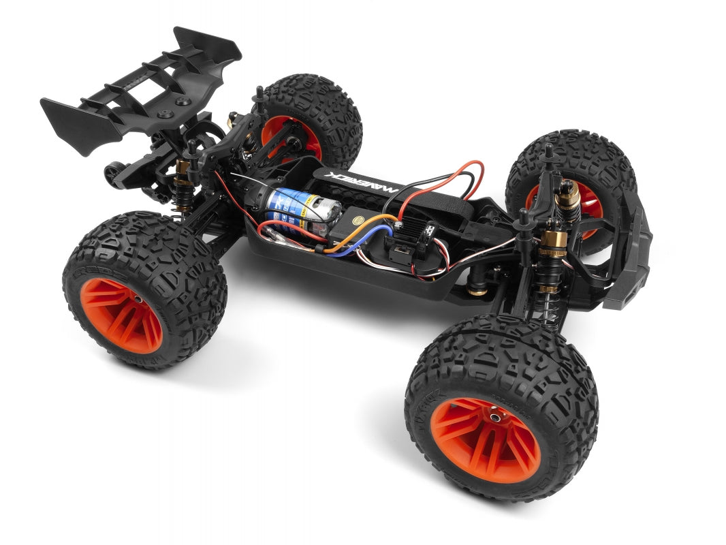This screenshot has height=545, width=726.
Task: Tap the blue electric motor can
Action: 300,205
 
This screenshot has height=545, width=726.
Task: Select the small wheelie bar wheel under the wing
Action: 112,172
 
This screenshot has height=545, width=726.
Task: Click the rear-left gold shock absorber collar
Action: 182,168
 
